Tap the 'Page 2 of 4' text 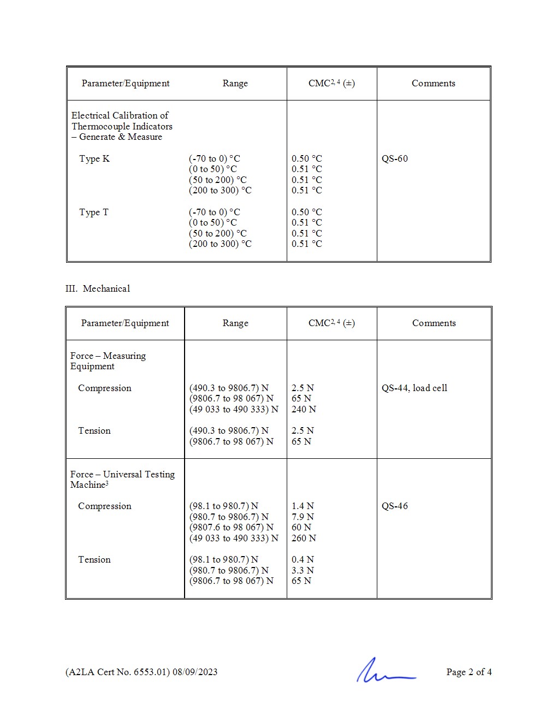coord(469,672)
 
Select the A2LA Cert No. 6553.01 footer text coord(141,672)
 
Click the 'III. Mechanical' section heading coord(98,288)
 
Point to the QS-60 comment coord(394,158)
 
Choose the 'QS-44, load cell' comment coord(414,388)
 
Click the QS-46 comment coord(394,506)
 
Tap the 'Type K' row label coord(94,158)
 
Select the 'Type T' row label coord(93,212)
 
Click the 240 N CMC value coord(304,409)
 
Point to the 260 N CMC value coord(304,538)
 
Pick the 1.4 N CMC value coord(303,506)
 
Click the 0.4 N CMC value coord(303,559)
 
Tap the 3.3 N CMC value coord(303,570)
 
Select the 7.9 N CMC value coord(303,517)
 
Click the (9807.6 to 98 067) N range coord(231,527)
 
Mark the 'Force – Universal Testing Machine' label coord(122,479)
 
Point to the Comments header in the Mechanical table coord(434,323)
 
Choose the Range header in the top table coord(235,83)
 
